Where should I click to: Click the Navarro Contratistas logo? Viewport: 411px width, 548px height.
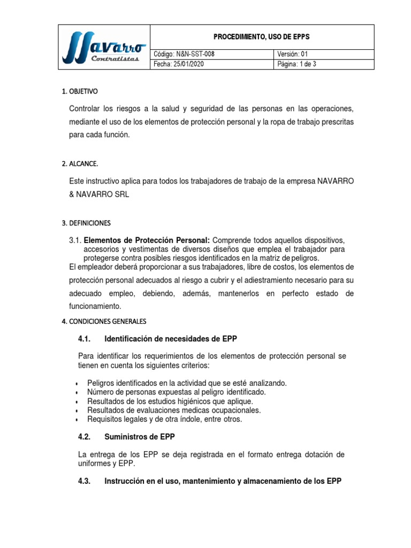pyautogui.click(x=103, y=47)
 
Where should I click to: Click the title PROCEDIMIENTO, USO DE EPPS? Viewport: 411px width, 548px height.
pyautogui.click(x=262, y=37)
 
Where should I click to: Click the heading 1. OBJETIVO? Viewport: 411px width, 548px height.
pyautogui.click(x=80, y=92)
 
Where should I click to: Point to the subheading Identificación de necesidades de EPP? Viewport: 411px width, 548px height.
pyautogui.click(x=171, y=339)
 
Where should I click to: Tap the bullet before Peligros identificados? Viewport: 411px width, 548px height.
pyautogui.click(x=79, y=384)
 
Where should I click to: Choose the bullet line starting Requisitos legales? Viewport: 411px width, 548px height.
pyautogui.click(x=164, y=420)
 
